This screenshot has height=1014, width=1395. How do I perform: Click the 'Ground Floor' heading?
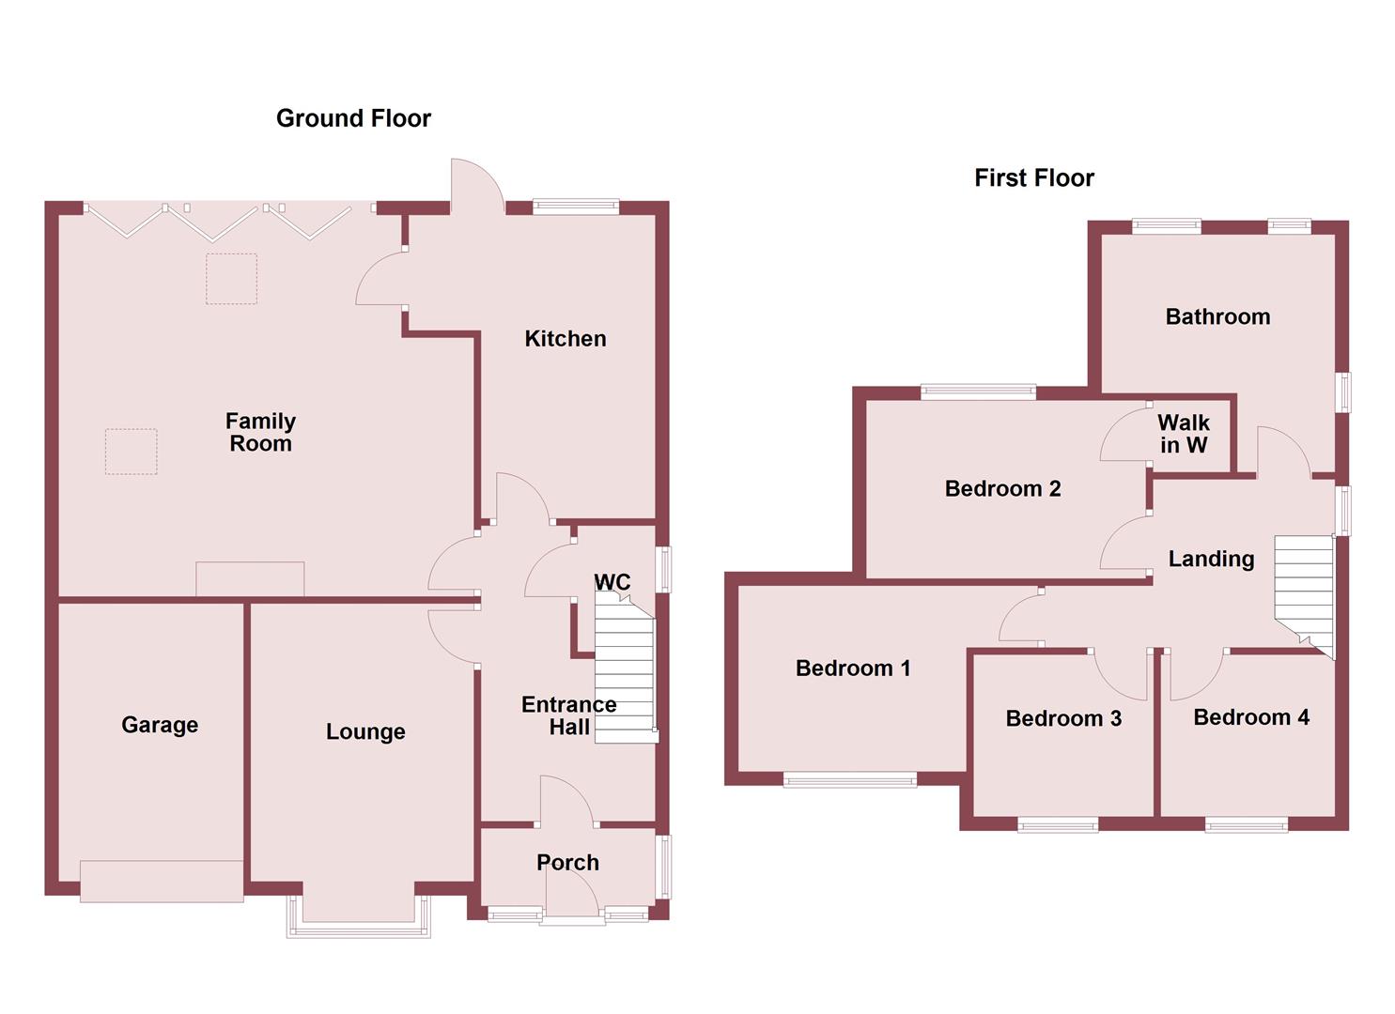pyautogui.click(x=353, y=118)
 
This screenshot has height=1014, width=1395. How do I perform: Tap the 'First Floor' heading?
pyautogui.click(x=1033, y=177)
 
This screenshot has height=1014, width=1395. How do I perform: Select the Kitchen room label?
pyautogui.click(x=565, y=339)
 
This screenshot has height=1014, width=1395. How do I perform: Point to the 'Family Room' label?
pyautogui.click(x=260, y=432)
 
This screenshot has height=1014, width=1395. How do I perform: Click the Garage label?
pyautogui.click(x=160, y=725)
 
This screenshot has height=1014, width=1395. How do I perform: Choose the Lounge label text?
pyautogui.click(x=365, y=731)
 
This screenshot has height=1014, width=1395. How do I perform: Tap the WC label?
pyautogui.click(x=612, y=582)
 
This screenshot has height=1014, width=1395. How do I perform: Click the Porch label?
pyautogui.click(x=567, y=862)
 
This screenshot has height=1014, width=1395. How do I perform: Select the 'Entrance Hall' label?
pyautogui.click(x=569, y=715)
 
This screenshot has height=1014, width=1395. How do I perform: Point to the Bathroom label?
pyautogui.click(x=1217, y=316)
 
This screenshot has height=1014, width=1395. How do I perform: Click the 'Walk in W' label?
pyautogui.click(x=1184, y=434)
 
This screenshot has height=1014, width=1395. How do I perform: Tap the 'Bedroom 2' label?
pyautogui.click(x=1002, y=488)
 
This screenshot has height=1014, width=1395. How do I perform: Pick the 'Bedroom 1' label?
pyautogui.click(x=853, y=668)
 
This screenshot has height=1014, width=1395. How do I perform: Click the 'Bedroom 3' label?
pyautogui.click(x=1063, y=718)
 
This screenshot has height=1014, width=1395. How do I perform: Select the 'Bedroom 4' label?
pyautogui.click(x=1251, y=717)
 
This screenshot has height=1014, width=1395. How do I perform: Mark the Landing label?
pyautogui.click(x=1211, y=559)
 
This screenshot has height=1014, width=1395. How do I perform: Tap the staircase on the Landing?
pyautogui.click(x=1304, y=591)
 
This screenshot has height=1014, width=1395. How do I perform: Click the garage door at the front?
pyautogui.click(x=162, y=881)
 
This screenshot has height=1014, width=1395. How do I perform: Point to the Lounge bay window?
pyautogui.click(x=358, y=915)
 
